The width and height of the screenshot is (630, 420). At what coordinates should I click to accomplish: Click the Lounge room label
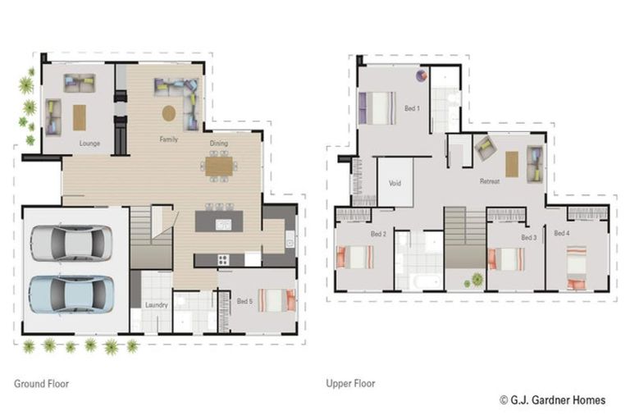point(89,144)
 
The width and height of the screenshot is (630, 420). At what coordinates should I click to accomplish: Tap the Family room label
point(168,139)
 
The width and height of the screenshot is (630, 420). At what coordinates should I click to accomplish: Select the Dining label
point(218,144)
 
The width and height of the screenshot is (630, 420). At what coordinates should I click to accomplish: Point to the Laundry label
point(156,305)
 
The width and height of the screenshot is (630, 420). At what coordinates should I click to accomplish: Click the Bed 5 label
point(244,301)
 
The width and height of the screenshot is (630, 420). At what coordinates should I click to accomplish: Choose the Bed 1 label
point(412,107)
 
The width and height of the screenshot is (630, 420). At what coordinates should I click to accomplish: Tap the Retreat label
point(490,180)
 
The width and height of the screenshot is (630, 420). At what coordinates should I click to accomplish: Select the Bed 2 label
point(378,234)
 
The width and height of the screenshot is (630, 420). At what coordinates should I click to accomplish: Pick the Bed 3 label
point(528,237)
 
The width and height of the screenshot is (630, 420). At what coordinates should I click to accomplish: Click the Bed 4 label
point(561,233)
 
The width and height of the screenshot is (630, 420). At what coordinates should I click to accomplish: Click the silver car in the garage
point(71,243)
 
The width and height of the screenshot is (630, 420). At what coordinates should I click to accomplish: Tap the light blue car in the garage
point(71,293)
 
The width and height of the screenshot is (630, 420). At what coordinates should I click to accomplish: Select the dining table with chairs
point(219,167)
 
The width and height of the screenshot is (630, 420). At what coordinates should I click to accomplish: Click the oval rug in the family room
point(169,113)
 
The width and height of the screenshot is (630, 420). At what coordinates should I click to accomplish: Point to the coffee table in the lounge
point(80,117)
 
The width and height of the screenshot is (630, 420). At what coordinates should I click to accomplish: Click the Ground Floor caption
point(41,383)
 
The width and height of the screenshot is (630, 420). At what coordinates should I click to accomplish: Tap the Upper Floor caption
point(350,383)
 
